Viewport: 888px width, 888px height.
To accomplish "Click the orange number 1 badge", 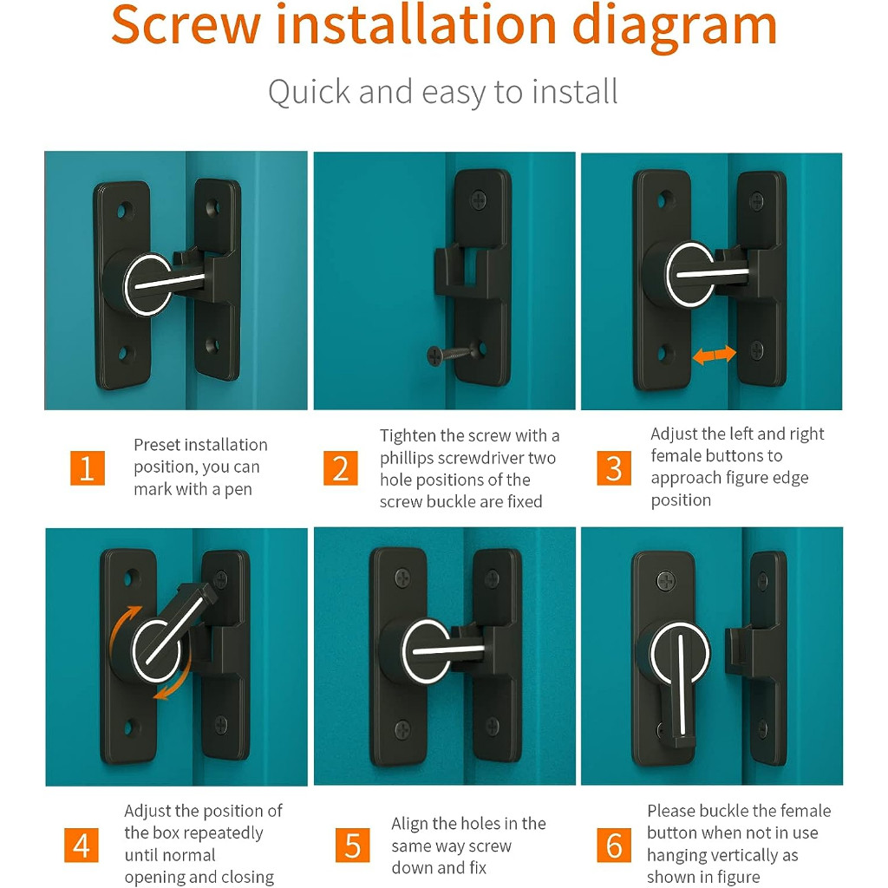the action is pos(88,467).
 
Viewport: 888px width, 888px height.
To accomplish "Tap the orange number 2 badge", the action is pos(340,467).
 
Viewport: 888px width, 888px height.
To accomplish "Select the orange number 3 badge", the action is pos(614,467).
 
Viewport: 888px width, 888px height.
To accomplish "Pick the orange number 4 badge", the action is pos(82,845).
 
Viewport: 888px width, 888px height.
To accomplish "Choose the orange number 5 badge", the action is pos(352,845).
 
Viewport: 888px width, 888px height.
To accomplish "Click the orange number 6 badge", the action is pos(614,845).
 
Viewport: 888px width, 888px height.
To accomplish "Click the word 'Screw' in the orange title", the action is pos(186,25).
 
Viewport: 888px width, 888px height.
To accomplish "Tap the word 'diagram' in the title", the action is pos(674,29).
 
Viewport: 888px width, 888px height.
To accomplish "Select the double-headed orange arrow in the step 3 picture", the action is pos(715,355).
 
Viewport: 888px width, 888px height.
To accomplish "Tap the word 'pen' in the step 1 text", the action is pos(238,490).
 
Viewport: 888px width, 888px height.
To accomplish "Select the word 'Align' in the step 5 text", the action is pos(409,824).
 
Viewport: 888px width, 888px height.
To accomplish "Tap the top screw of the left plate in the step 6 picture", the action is pos(665,581).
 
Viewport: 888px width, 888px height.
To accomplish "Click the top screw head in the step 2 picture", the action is pos(479,200).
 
